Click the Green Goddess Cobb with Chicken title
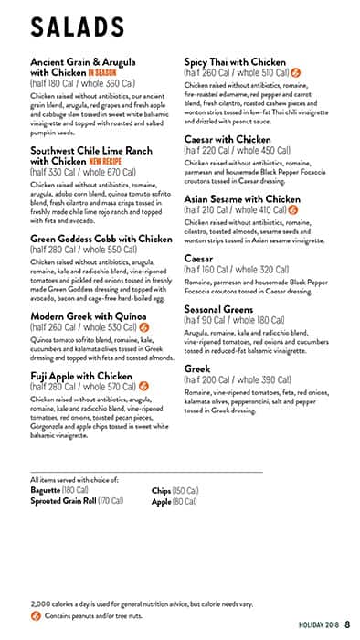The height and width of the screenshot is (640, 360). tap(101, 240)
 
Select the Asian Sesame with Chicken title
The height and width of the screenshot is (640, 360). tap(242, 198)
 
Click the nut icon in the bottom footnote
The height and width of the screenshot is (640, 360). tap(35, 615)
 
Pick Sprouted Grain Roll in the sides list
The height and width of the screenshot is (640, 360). tap(63, 500)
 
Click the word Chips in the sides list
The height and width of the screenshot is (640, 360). tap(161, 490)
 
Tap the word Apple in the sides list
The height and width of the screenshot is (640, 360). tap(162, 500)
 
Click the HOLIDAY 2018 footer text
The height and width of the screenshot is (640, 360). tap(318, 625)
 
